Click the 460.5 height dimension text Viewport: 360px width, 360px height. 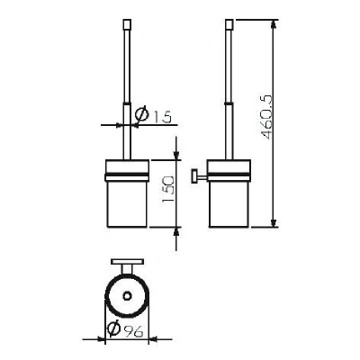[x=267, y=117]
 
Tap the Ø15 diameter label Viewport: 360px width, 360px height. [x=153, y=115]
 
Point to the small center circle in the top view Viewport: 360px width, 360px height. [x=127, y=296]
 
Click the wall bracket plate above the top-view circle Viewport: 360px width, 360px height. [x=127, y=261]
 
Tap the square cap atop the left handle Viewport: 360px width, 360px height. [x=127, y=23]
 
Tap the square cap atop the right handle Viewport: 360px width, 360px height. [x=229, y=23]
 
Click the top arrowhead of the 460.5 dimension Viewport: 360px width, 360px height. [x=274, y=24]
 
